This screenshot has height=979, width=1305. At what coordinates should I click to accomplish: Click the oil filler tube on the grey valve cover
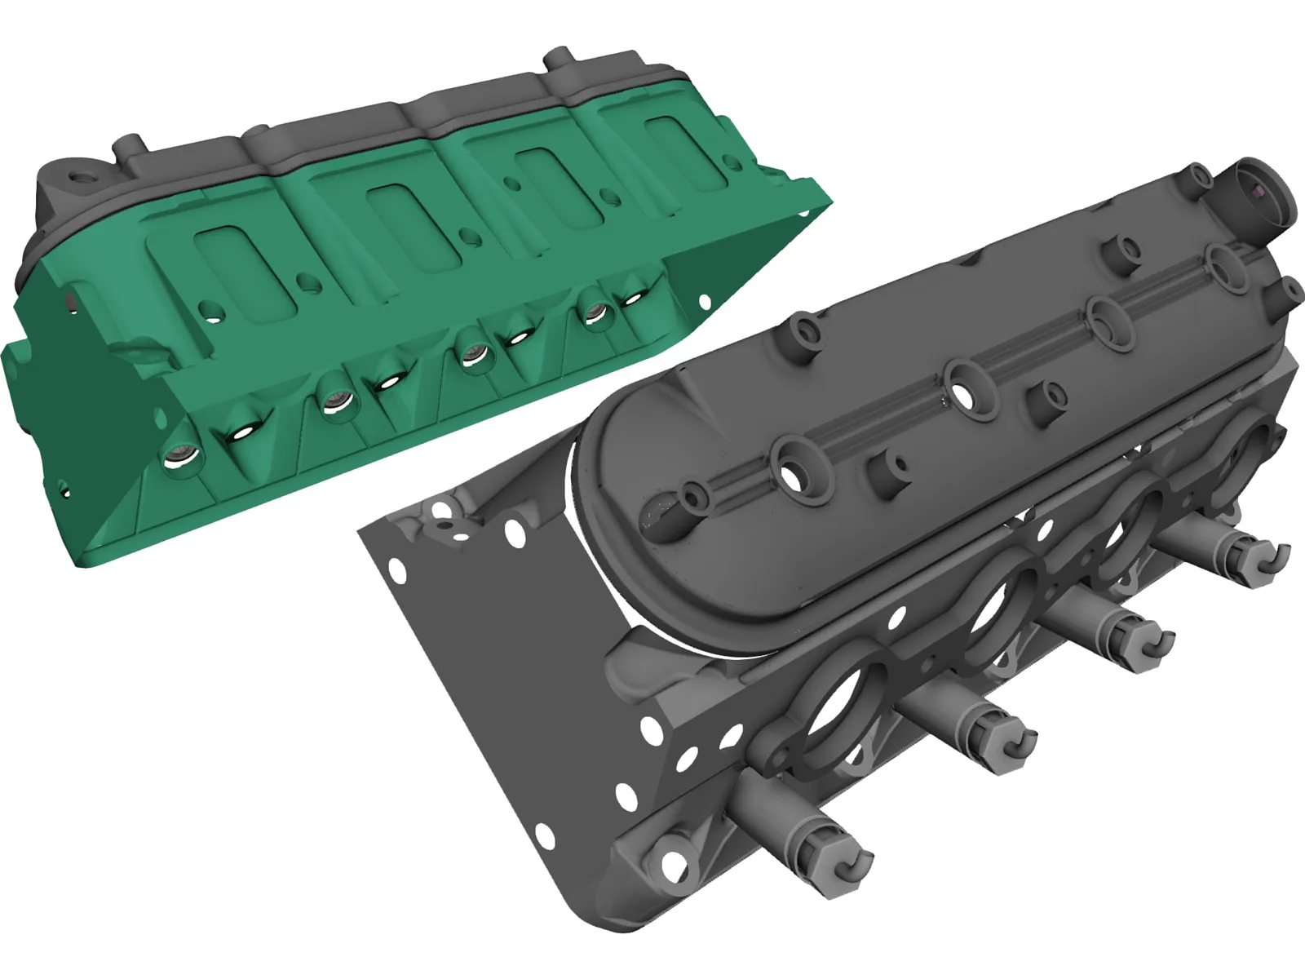pos(1261,193)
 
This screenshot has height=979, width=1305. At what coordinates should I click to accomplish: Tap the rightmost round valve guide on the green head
pos(596,313)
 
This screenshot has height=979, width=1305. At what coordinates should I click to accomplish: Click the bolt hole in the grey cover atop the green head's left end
pos(82,176)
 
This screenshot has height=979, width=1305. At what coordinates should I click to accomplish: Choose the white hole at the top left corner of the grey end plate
pos(441,511)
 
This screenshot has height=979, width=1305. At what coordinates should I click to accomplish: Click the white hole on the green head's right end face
pos(705,301)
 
